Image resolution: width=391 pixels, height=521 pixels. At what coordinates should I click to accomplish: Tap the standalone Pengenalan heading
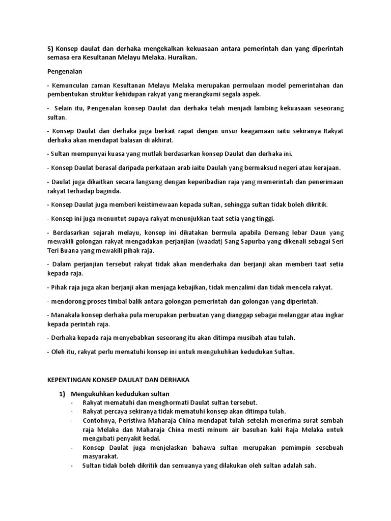pyautogui.click(x=65, y=72)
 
